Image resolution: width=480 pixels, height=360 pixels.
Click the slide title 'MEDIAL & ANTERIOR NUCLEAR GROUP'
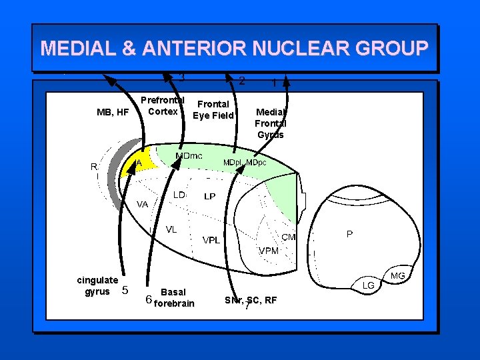[234, 49]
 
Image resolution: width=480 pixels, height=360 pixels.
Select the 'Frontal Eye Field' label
[213, 110]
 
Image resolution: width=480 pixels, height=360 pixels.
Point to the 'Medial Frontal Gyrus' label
[270, 123]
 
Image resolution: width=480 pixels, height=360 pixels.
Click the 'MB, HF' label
[113, 112]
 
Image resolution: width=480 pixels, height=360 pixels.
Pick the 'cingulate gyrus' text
[97, 285]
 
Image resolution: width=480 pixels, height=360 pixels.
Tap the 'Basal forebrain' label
[174, 298]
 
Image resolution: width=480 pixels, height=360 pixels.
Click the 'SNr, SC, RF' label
[251, 300]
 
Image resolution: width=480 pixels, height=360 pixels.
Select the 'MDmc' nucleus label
[189, 156]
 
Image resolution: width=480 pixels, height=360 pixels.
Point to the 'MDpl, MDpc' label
[245, 163]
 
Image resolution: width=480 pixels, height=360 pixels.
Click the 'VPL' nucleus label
[211, 240]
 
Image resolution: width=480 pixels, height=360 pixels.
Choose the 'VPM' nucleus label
[269, 250]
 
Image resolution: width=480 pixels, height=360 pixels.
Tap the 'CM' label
[289, 237]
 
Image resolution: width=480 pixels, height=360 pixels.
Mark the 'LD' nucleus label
[179, 195]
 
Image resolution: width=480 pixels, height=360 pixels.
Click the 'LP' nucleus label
[209, 197]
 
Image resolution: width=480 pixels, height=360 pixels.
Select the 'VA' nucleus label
[143, 204]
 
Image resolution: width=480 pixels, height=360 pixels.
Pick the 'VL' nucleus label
[171, 229]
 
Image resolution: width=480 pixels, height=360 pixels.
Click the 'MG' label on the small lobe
[397, 275]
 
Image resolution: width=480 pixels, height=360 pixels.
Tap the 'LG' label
[368, 285]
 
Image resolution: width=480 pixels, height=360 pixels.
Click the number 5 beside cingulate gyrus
[124, 290]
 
